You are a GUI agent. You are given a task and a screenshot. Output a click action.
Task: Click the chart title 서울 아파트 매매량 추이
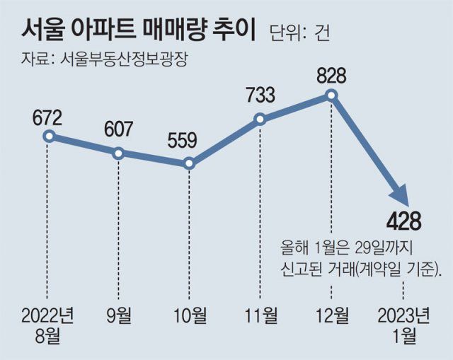(134, 29)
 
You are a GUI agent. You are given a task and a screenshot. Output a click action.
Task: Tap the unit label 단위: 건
(299, 31)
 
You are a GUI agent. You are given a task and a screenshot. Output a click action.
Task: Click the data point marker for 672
(47, 136)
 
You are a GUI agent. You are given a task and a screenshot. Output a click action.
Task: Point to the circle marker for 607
(118, 153)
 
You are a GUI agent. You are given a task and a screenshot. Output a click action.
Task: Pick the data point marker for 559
(189, 164)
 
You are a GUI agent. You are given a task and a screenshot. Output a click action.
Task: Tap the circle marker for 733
(260, 120)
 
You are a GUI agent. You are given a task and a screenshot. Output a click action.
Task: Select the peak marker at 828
(331, 95)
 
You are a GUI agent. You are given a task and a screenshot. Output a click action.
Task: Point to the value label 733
(260, 95)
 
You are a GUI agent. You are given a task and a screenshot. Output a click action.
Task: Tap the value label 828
(331, 74)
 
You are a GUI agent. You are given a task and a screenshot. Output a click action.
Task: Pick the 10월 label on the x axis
(189, 315)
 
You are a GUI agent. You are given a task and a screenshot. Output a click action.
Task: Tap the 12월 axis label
(331, 315)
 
